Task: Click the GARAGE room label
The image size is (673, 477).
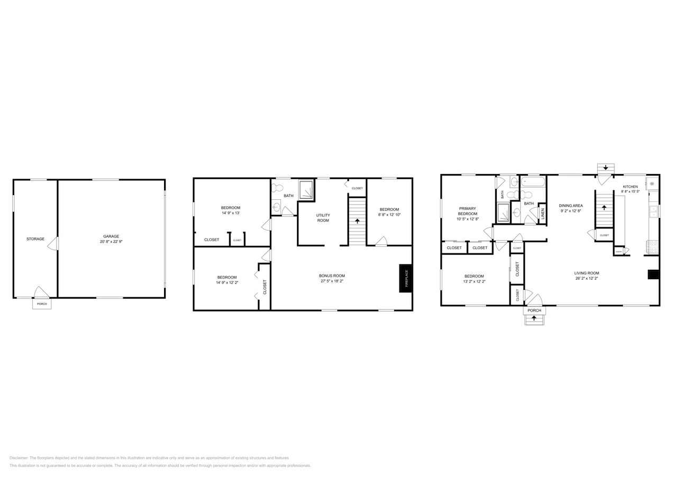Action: point(111,236)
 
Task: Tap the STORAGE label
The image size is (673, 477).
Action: point(35,239)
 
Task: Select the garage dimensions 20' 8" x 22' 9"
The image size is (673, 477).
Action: point(111,242)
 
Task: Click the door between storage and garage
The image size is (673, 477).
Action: point(53,244)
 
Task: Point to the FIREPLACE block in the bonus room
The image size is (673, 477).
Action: point(406,278)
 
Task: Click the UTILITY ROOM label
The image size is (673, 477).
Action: point(323,217)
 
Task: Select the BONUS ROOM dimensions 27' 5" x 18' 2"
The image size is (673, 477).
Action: point(332,281)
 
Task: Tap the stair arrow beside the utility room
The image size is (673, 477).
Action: point(358,220)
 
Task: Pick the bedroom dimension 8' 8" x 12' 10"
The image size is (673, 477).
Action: point(389,215)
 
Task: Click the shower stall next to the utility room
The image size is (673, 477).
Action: point(306,189)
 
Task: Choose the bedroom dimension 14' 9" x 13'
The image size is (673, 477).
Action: point(230,213)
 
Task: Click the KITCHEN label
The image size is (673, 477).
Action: point(630,187)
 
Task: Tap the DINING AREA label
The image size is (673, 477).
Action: point(571,206)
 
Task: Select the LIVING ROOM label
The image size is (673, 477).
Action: point(587,273)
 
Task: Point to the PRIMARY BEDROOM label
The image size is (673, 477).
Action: point(468,211)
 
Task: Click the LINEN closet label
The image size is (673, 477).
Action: point(542,213)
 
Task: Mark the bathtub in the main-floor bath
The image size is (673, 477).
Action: point(533,183)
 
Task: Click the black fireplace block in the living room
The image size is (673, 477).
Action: point(654,275)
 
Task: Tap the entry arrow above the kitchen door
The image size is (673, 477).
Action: point(605,167)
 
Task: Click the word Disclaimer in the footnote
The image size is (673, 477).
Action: point(19,458)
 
